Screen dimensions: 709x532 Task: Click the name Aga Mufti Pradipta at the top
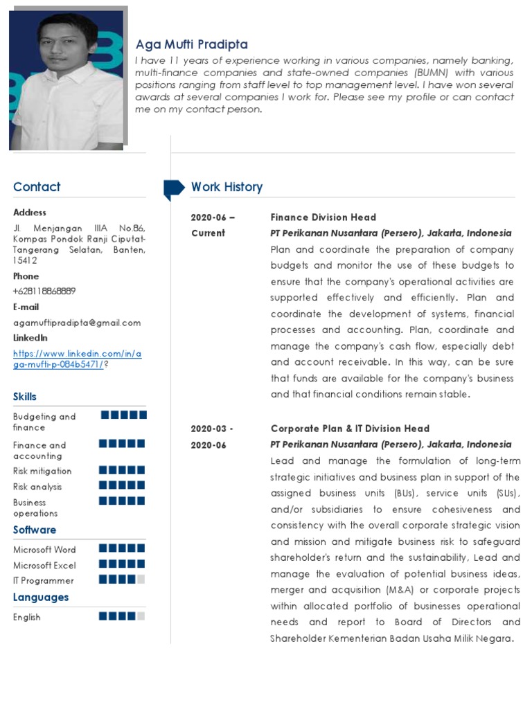click(191, 44)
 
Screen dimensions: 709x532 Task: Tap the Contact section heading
click(37, 187)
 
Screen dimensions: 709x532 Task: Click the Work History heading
click(227, 187)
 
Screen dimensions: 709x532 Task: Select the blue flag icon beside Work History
click(173, 188)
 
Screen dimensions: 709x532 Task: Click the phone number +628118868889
click(44, 291)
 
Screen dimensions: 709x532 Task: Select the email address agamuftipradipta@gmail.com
click(77, 323)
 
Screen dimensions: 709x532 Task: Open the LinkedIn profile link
click(77, 359)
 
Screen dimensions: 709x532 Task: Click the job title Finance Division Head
click(323, 217)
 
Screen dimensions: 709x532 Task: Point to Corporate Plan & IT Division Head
click(350, 429)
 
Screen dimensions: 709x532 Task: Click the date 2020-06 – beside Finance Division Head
click(213, 217)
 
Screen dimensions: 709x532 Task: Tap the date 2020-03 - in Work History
click(212, 429)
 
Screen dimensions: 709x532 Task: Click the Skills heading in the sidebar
click(25, 397)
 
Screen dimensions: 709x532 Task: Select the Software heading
click(35, 530)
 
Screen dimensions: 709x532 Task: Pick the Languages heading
click(41, 597)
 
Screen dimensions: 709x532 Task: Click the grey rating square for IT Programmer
click(141, 580)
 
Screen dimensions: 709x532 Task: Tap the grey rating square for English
click(141, 616)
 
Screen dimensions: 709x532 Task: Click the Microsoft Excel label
click(44, 566)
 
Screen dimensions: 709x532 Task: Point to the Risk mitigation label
click(42, 472)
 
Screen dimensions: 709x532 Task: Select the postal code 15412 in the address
click(26, 261)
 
